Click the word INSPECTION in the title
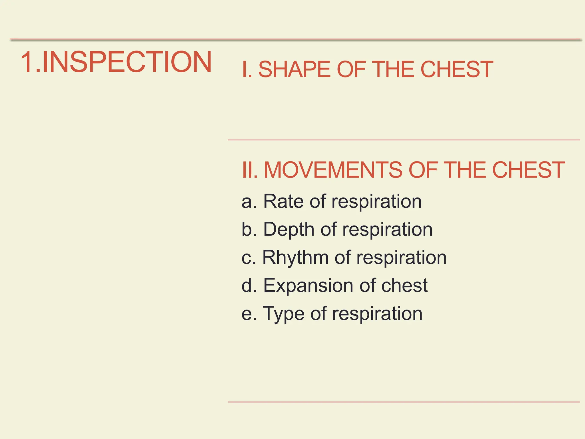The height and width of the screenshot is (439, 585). click(127, 62)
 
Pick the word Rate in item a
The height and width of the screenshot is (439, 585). click(283, 201)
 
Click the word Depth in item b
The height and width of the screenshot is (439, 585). click(289, 230)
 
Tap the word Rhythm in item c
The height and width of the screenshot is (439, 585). click(295, 258)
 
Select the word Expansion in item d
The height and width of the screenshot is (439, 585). click(308, 286)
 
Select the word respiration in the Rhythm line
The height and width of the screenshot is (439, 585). click(401, 258)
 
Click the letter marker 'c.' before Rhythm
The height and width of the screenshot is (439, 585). click(249, 258)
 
